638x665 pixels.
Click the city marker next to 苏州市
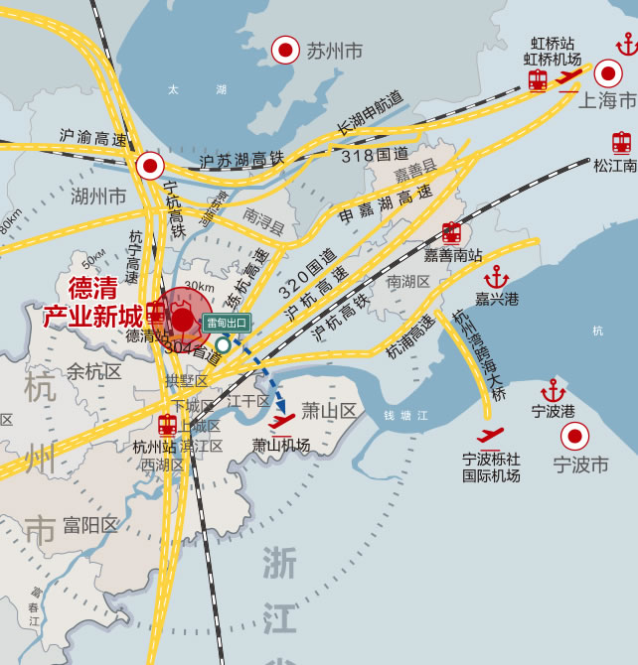tap(286, 50)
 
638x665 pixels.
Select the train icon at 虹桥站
tap(538, 80)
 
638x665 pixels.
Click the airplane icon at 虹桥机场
tap(568, 78)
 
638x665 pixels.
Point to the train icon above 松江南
tap(622, 142)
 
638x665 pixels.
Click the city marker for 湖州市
tap(150, 165)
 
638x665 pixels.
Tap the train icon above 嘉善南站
tap(451, 233)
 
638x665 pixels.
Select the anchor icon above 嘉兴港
tap(497, 276)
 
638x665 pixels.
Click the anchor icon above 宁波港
tap(554, 390)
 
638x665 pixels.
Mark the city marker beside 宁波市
tap(574, 437)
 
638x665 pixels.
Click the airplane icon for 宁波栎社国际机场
tap(490, 436)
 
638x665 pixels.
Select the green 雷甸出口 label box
tap(228, 323)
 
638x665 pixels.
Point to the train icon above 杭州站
tap(167, 425)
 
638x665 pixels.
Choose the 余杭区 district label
tap(93, 372)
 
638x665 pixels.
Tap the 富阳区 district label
tap(89, 525)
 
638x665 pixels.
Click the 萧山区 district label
tap(329, 411)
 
